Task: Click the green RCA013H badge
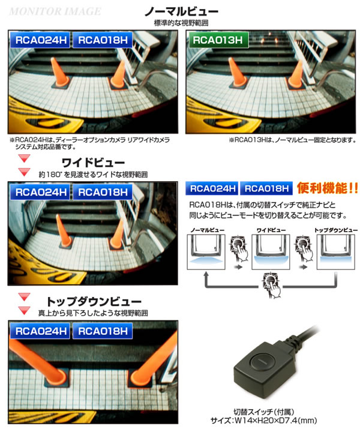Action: tap(218, 40)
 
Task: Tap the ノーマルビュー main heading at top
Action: tap(181, 11)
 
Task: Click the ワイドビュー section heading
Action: tap(93, 163)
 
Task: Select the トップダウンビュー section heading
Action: tap(94, 301)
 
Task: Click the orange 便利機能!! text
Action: tap(328, 188)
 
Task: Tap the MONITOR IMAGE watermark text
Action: tap(55, 11)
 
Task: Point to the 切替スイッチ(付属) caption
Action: tap(263, 412)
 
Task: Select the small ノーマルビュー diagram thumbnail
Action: tap(206, 252)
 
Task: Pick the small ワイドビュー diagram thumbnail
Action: tap(271, 252)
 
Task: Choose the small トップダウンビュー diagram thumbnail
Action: tap(336, 252)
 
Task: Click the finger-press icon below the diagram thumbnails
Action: tap(271, 285)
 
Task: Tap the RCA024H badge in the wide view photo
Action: tap(40, 192)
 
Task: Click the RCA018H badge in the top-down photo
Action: tap(103, 331)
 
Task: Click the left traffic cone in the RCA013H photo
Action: tap(238, 73)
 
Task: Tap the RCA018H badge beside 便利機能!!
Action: tap(266, 188)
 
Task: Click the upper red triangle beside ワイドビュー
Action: tap(24, 158)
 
